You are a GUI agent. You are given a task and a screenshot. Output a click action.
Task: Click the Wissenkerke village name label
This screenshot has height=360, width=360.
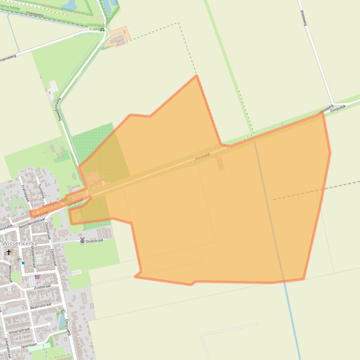point(19,244)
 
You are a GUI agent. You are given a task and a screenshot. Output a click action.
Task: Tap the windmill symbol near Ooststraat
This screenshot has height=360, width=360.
point(82,240)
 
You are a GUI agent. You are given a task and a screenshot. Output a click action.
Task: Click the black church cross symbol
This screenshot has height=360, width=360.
point(8,252)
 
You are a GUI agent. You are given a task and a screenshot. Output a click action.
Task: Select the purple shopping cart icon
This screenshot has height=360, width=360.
point(37,276)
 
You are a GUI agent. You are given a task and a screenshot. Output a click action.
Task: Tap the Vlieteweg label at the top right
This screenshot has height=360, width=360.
point(303,17)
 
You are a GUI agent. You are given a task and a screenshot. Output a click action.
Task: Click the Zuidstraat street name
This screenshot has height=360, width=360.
point(42,287)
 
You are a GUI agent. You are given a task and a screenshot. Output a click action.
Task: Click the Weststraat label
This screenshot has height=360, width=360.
point(10,274)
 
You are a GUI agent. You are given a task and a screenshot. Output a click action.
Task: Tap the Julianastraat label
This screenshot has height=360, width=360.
point(7,346)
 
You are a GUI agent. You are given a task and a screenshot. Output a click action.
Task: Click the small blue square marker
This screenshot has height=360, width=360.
point(22,263)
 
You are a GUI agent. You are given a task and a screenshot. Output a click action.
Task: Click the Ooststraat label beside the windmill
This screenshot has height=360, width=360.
point(94,241)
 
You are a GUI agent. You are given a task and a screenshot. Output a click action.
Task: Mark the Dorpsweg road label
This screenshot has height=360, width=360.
point(68,327)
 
